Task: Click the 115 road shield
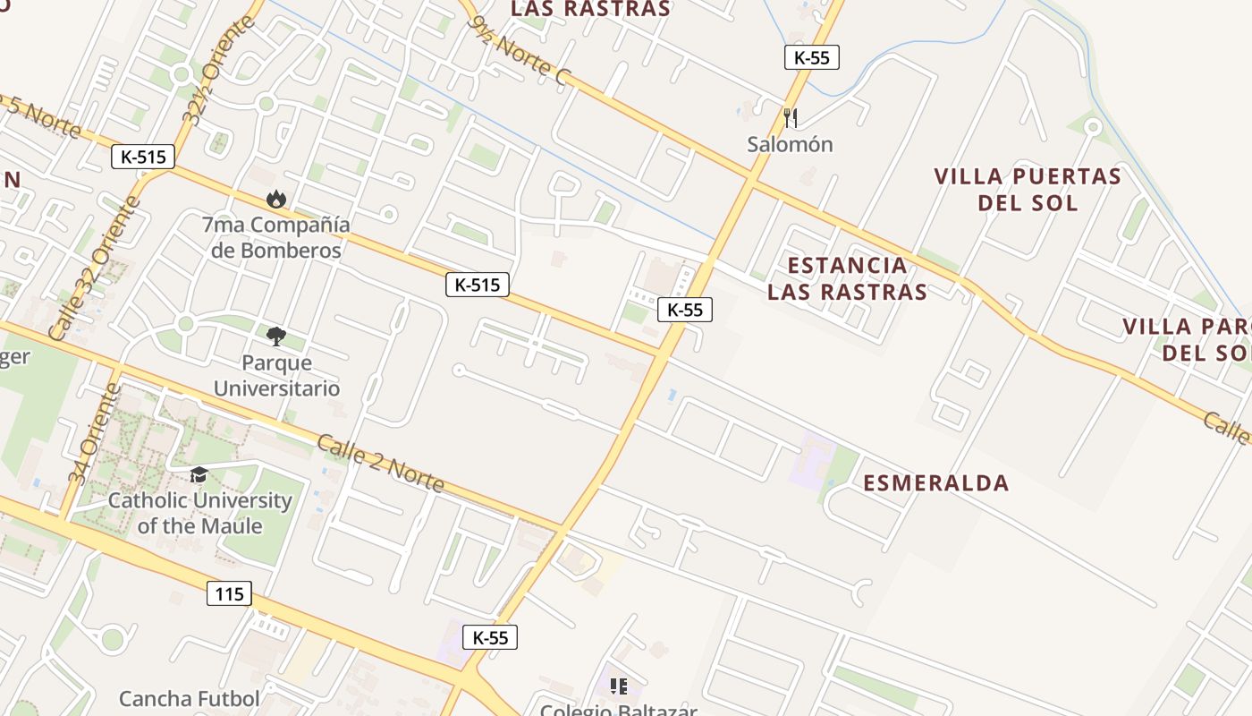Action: (x=229, y=593)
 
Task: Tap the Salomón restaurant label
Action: (x=790, y=144)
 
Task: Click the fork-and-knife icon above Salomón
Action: (x=790, y=117)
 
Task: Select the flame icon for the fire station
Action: (x=276, y=199)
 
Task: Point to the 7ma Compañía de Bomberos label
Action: (x=276, y=237)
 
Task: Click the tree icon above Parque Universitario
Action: (x=276, y=337)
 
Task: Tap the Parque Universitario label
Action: (x=276, y=376)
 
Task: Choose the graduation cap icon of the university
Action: (x=199, y=474)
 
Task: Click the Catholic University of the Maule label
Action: (x=199, y=513)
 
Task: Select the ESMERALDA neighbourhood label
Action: (x=935, y=483)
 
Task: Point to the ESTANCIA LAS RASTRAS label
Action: (x=847, y=278)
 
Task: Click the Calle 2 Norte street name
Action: (x=380, y=465)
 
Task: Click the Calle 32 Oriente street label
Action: (x=94, y=268)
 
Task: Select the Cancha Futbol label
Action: (x=190, y=698)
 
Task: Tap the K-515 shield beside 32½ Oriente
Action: (x=143, y=157)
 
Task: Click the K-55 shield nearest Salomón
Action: (x=811, y=57)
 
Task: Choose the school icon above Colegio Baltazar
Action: (x=618, y=686)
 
